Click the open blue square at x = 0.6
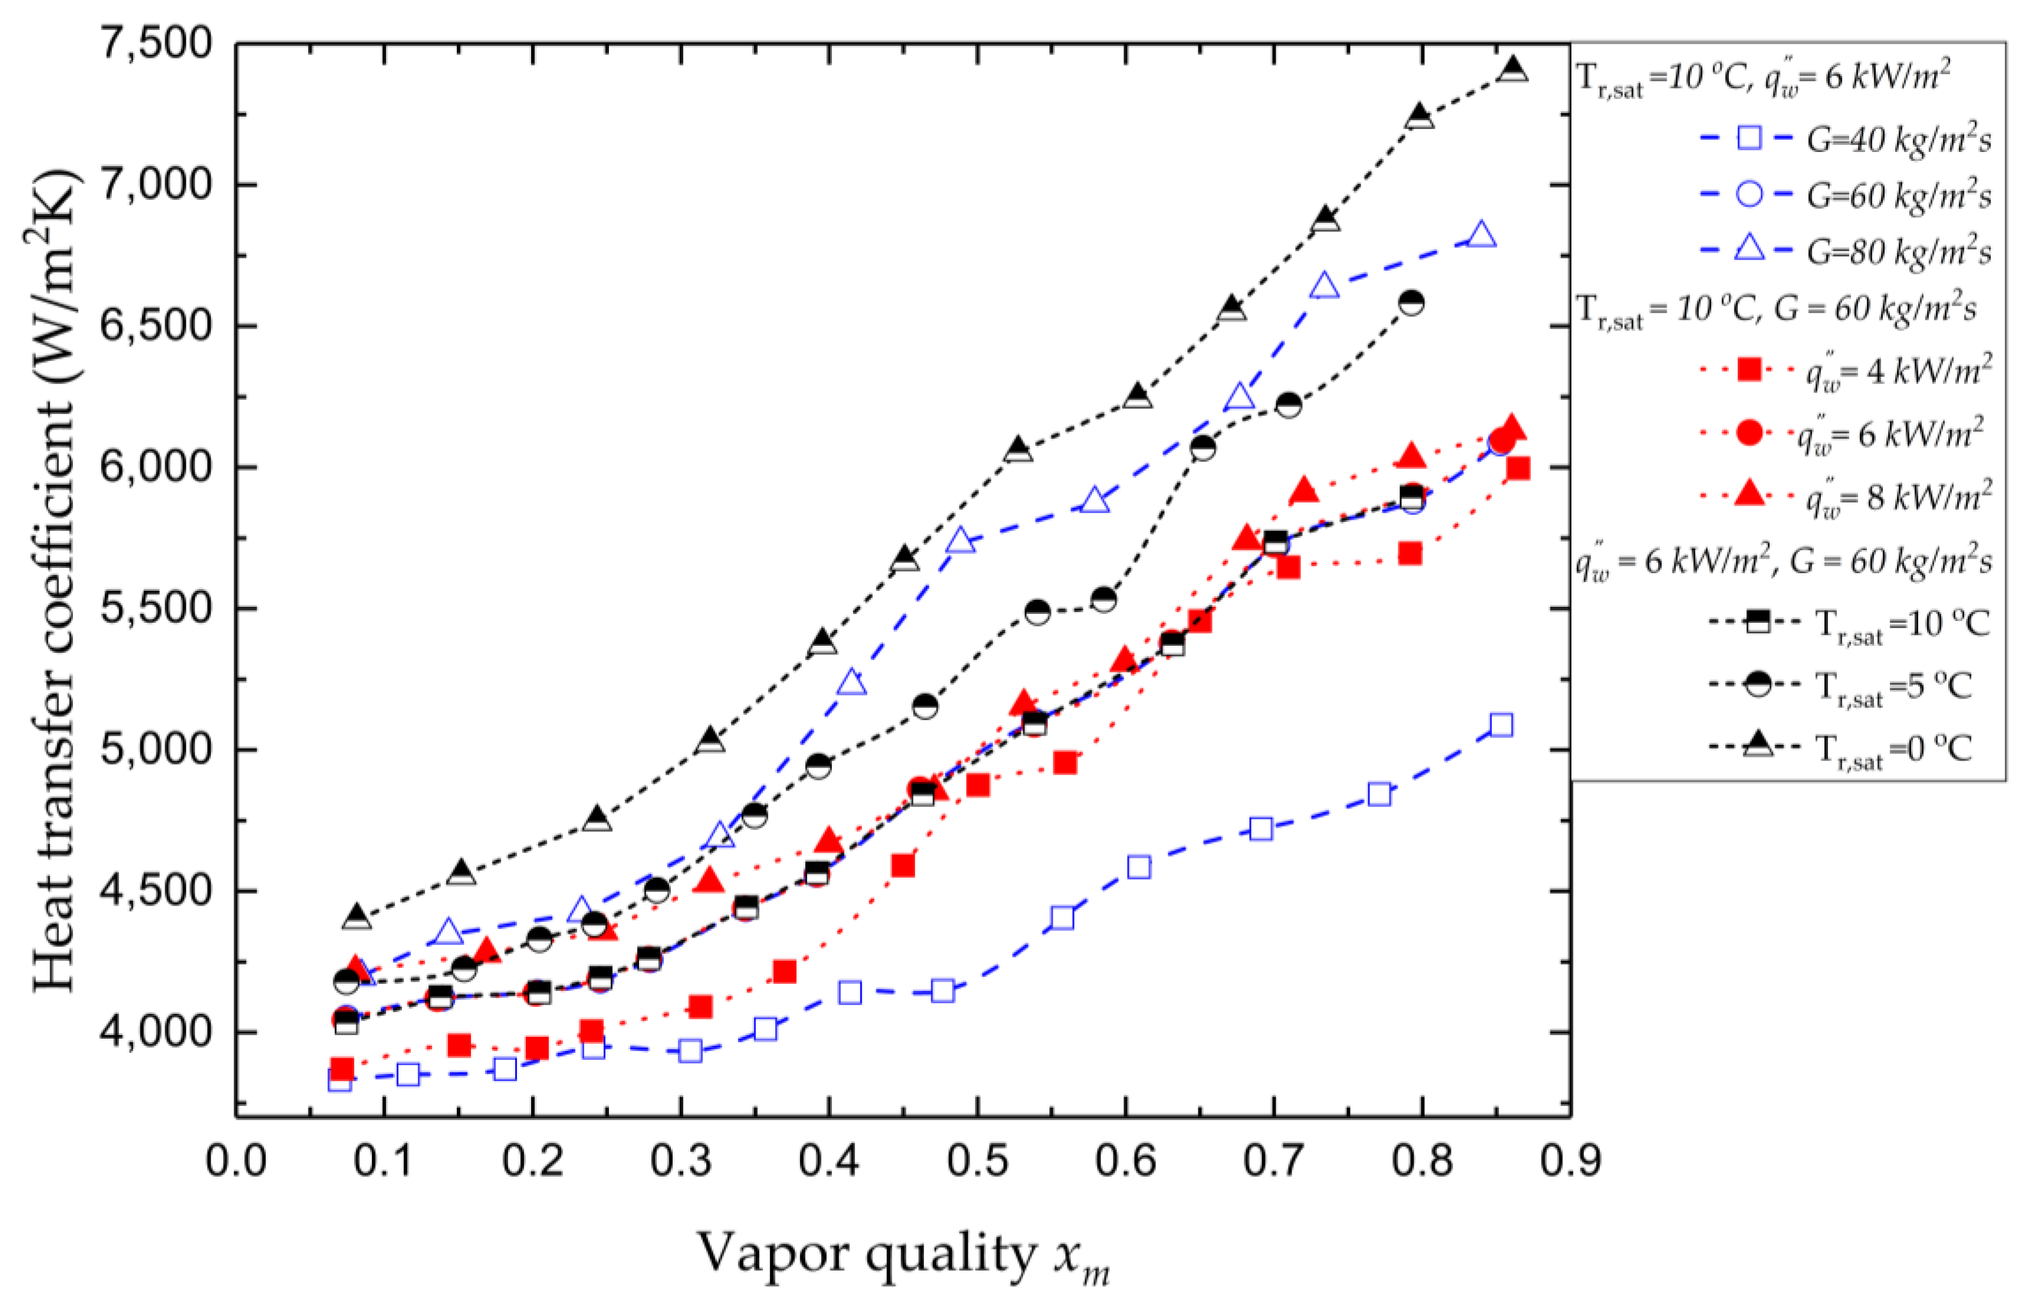pyautogui.click(x=1138, y=867)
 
